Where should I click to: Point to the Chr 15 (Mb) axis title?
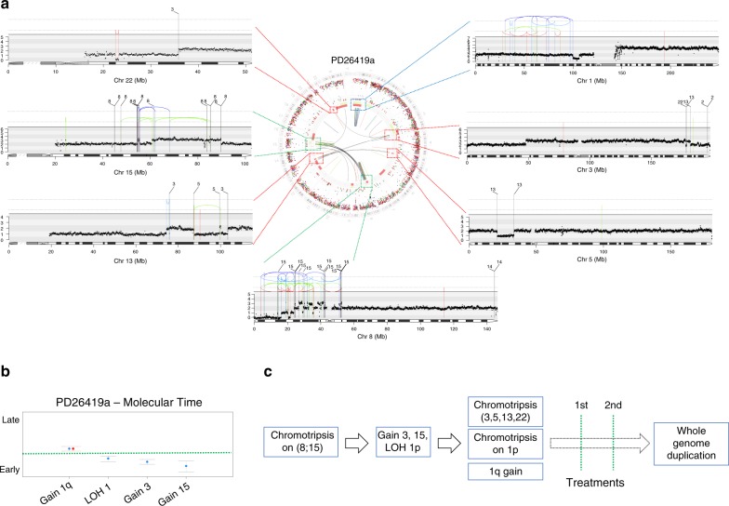tap(126, 173)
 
